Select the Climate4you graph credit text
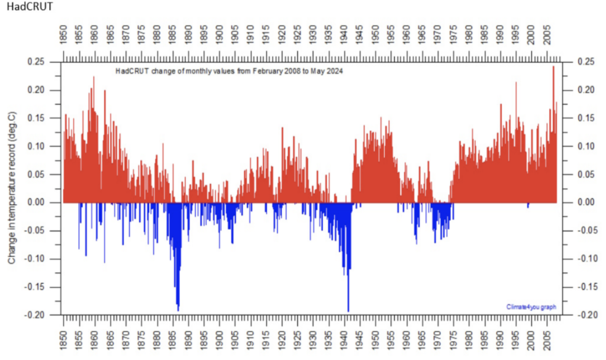click(531, 307)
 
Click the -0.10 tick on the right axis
click(577, 259)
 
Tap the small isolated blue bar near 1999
click(528, 205)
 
